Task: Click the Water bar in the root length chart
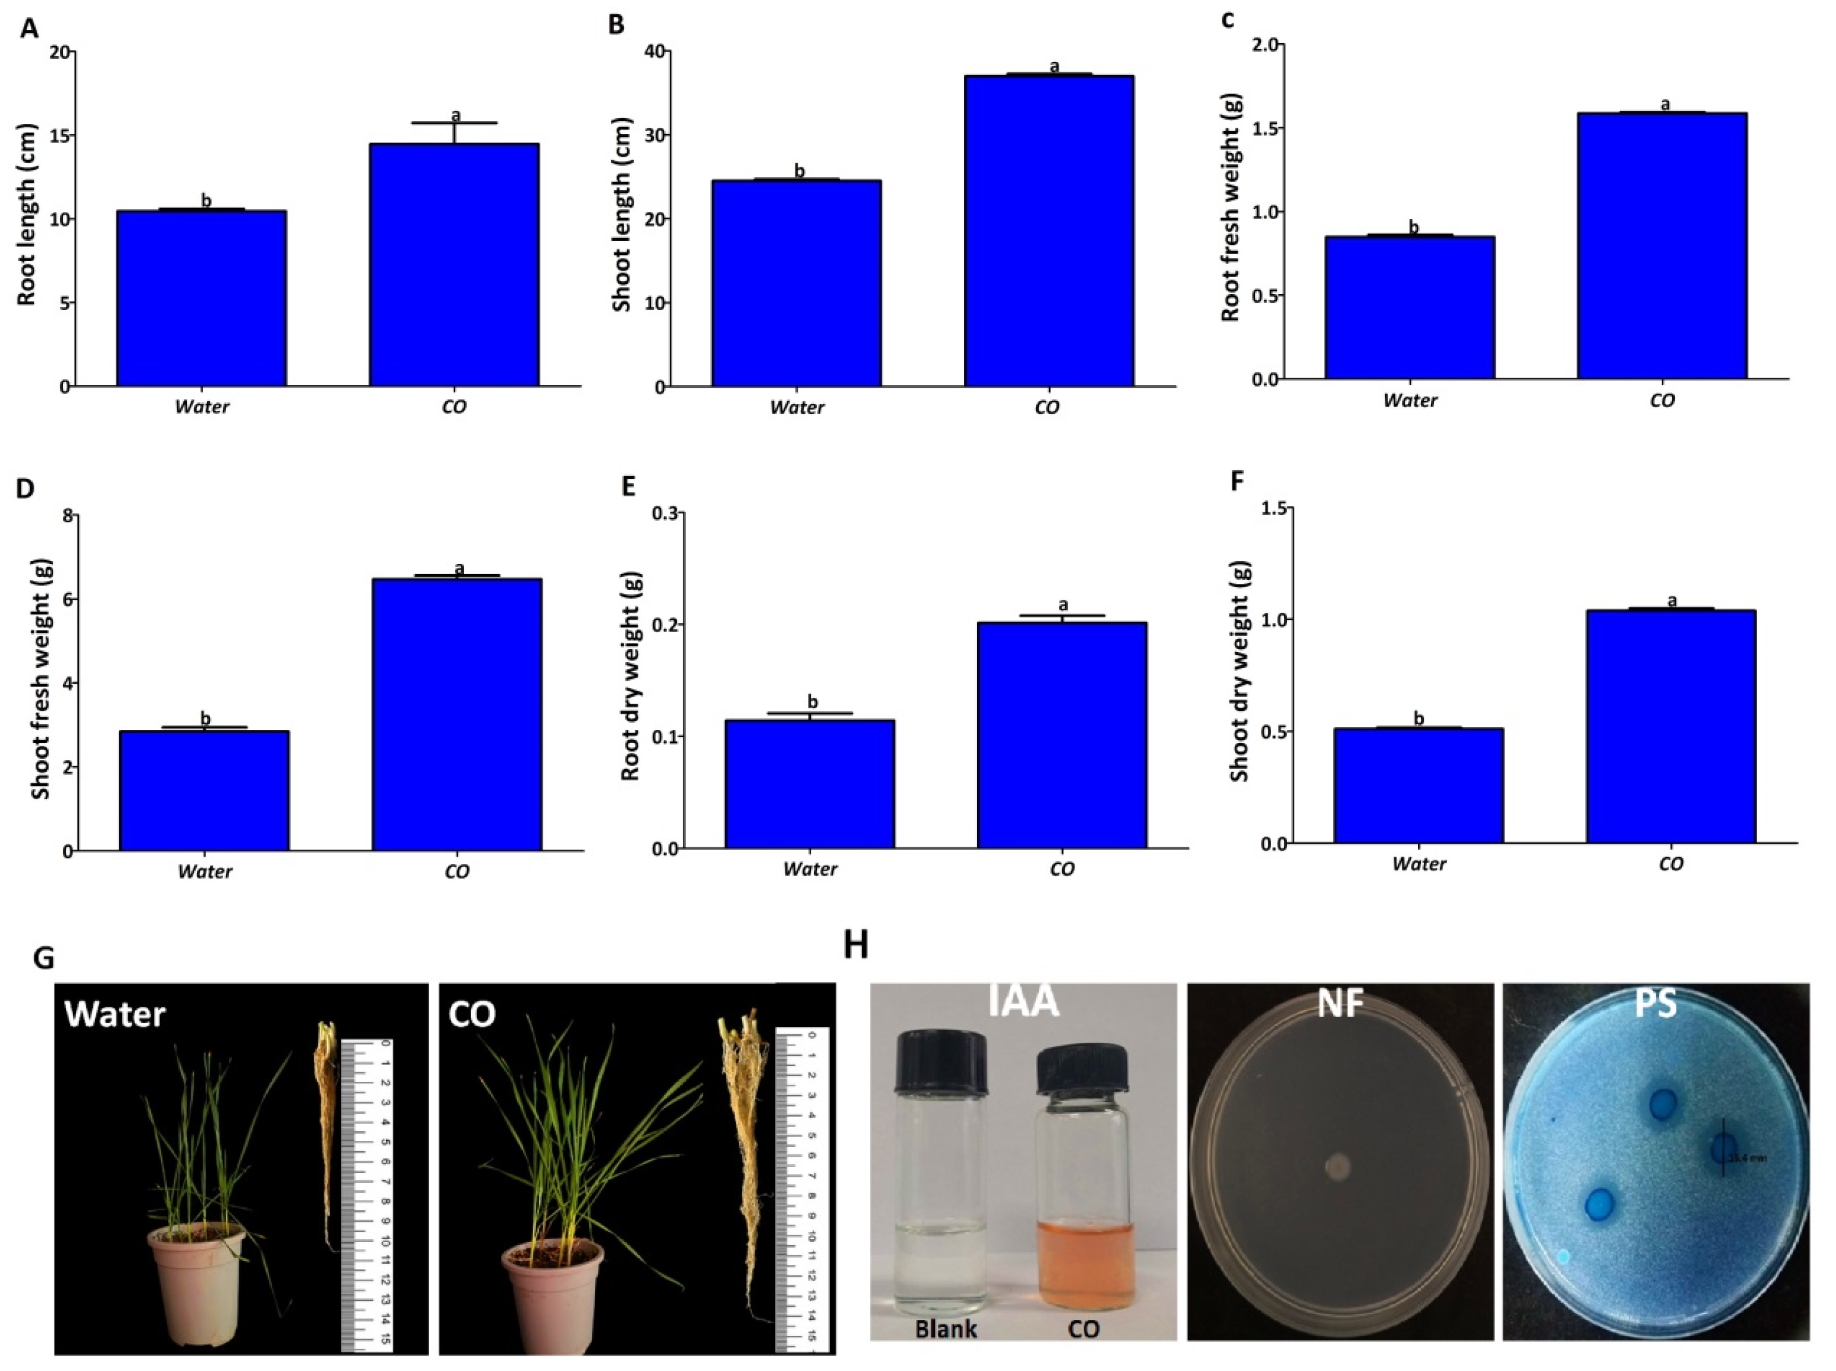point(202,299)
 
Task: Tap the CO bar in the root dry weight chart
point(1062,734)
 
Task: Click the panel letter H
point(856,945)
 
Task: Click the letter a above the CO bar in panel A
point(455,115)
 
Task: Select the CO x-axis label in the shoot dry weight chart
point(1670,864)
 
